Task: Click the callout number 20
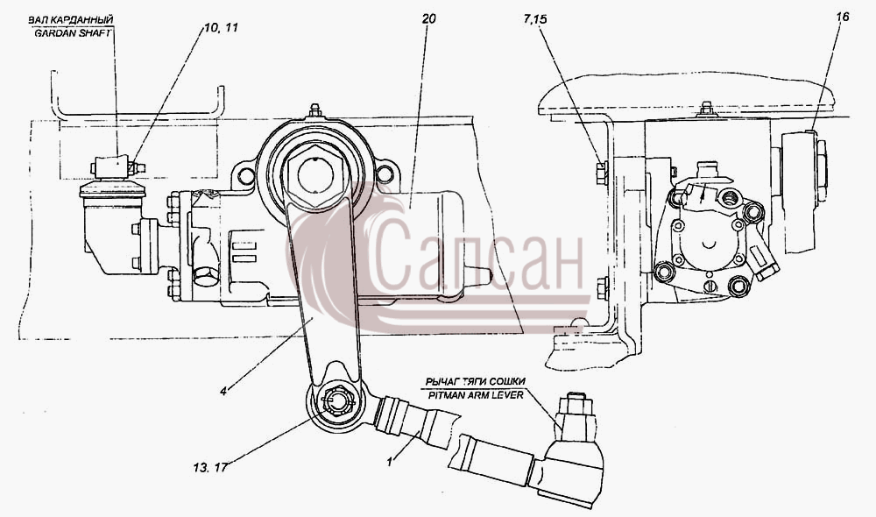click(x=428, y=19)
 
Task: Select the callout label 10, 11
click(x=221, y=27)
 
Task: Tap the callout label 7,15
click(x=535, y=20)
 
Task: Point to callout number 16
click(x=843, y=17)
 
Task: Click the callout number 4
click(x=223, y=392)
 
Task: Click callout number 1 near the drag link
click(x=391, y=462)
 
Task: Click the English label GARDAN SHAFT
click(x=73, y=33)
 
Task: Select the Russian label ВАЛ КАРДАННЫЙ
click(x=71, y=20)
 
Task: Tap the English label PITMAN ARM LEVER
click(x=476, y=395)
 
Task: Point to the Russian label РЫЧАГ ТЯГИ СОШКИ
click(x=476, y=382)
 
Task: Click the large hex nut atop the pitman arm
click(x=315, y=174)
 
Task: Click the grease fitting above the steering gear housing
click(x=315, y=110)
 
